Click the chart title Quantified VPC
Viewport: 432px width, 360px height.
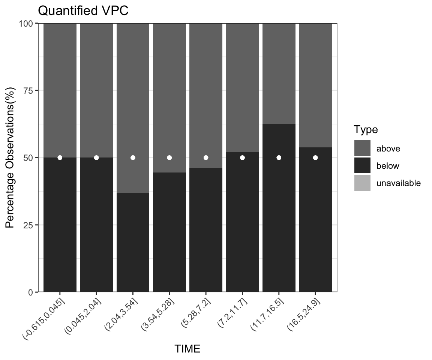tap(83, 11)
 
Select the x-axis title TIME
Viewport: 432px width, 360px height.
tap(187, 349)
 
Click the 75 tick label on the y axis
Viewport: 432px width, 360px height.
tap(28, 90)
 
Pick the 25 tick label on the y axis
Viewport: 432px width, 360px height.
tap(28, 225)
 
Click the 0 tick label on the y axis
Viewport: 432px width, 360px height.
tap(31, 292)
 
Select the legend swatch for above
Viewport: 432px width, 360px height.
tap(362, 148)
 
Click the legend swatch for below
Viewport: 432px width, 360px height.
tap(362, 166)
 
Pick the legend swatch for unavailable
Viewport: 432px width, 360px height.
tap(362, 183)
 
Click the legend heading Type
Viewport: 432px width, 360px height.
tap(366, 130)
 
